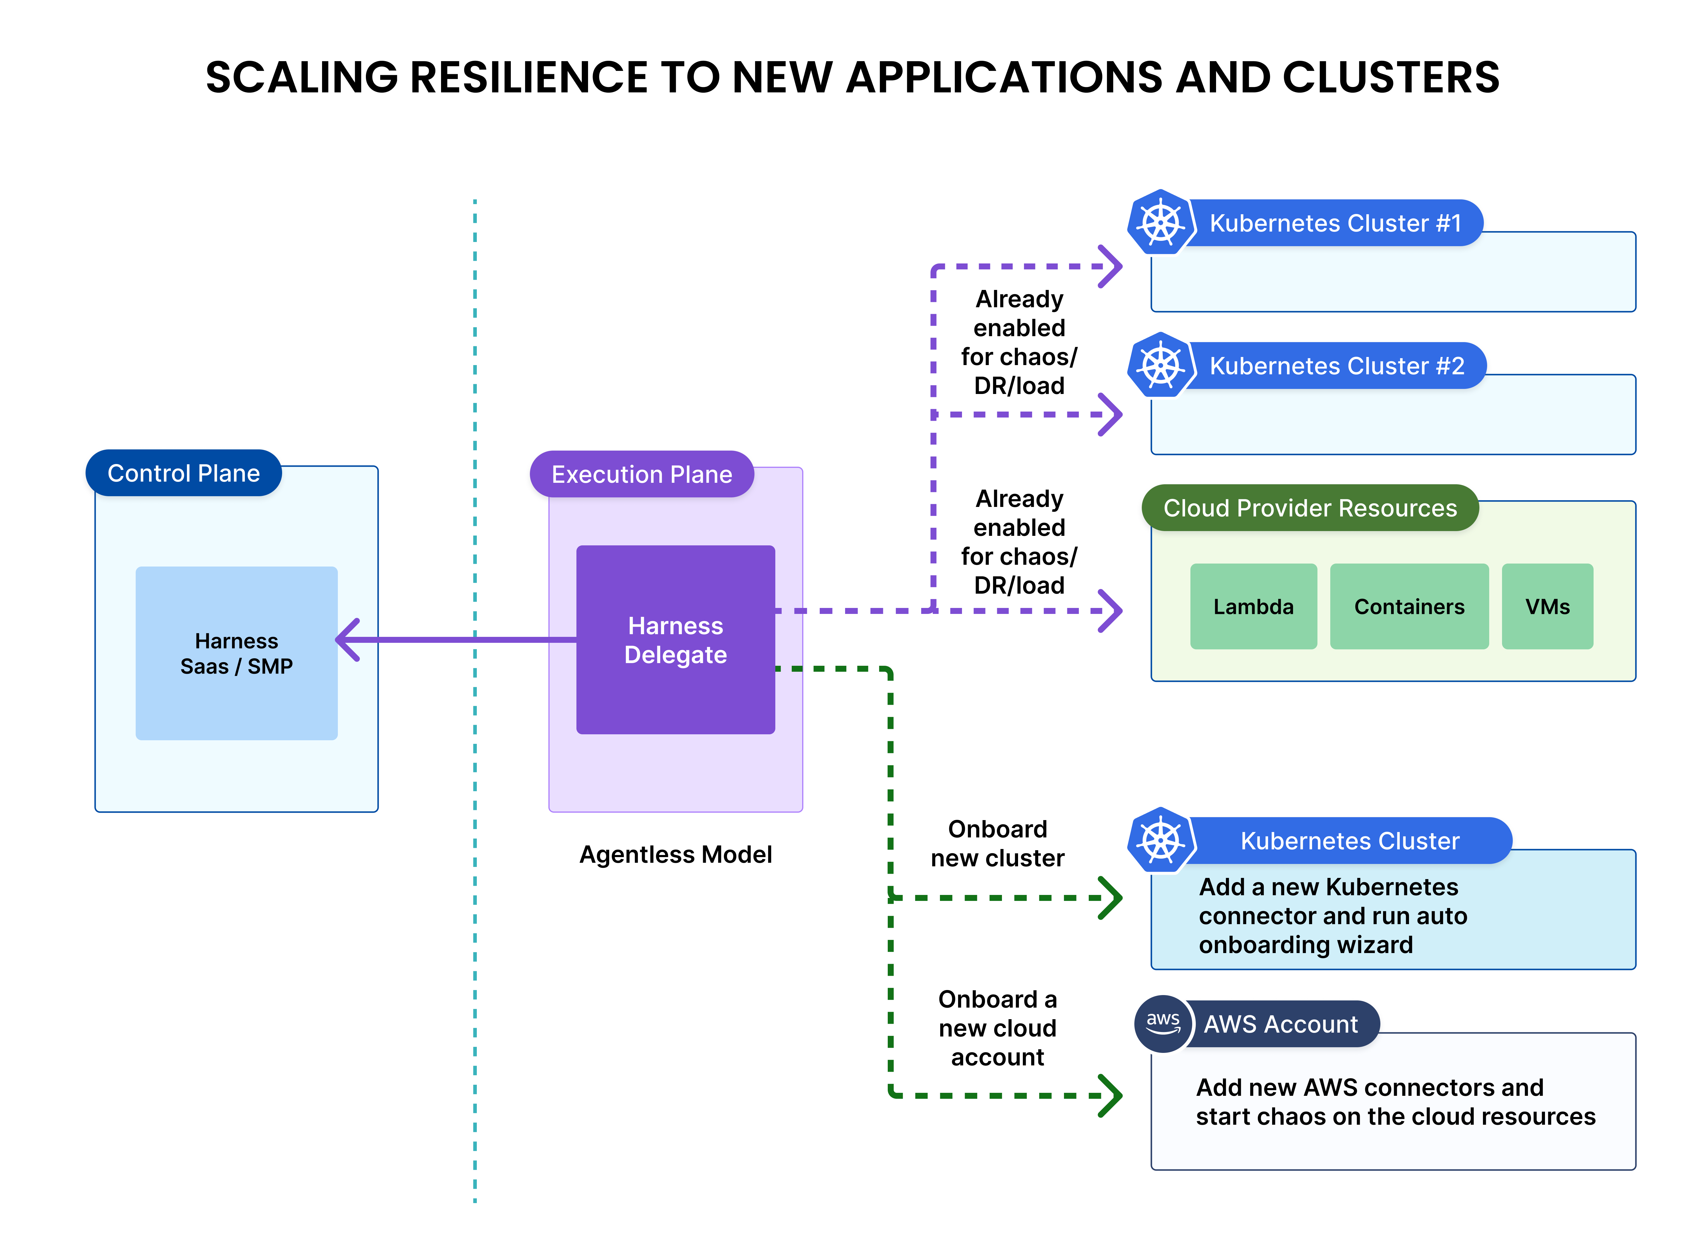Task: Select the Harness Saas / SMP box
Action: (236, 653)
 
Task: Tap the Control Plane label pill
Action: (183, 473)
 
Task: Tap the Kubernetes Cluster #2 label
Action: (1336, 366)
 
